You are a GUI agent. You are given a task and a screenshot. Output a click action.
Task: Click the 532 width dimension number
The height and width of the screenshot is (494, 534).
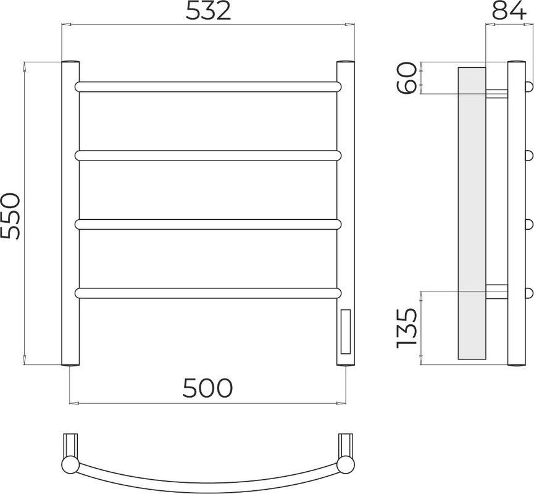[208, 12]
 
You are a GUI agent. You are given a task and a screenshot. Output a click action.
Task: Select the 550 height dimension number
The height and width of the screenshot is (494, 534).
[10, 216]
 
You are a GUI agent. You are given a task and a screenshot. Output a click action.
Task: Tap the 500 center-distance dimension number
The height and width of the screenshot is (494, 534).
[207, 388]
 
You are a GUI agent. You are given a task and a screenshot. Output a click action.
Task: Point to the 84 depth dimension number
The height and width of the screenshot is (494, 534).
[509, 12]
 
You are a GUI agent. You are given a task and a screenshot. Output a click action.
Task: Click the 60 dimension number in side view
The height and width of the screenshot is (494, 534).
[407, 78]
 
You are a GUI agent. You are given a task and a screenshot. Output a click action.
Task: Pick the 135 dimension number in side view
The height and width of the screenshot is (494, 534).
[407, 328]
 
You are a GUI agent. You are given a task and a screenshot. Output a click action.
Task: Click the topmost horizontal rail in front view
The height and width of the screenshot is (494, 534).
[208, 86]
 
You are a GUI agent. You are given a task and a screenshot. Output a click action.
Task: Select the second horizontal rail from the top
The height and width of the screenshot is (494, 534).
[208, 156]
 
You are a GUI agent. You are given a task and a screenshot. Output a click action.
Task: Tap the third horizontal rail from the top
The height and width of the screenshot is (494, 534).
[208, 225]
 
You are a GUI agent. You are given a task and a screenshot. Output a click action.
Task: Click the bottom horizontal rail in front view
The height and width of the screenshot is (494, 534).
[208, 293]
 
